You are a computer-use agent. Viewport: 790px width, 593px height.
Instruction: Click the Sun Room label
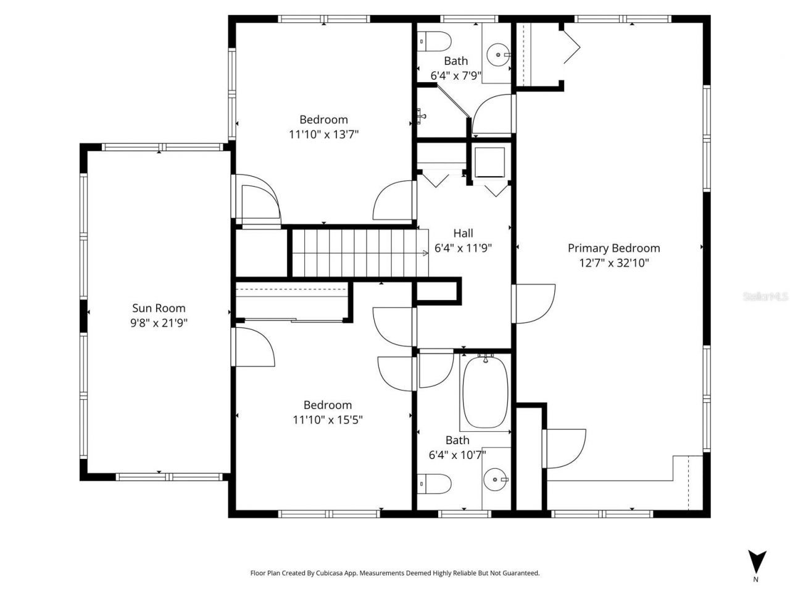[159, 308]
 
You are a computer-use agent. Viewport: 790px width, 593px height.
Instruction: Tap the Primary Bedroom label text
[613, 248]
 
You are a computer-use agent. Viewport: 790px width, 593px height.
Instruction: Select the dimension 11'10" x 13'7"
[324, 134]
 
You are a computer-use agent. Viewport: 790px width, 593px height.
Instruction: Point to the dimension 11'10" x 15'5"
[327, 419]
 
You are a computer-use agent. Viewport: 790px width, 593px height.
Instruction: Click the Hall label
[463, 233]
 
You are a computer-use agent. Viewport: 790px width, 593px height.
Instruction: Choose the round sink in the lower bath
[495, 478]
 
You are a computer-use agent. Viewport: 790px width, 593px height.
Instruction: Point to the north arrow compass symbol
[757, 561]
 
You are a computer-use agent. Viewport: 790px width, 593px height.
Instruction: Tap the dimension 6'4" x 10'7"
[457, 455]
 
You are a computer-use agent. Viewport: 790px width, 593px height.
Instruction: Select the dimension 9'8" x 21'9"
[159, 322]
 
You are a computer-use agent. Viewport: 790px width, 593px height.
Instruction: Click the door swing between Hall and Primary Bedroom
[534, 303]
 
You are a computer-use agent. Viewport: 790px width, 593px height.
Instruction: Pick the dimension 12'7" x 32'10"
[613, 263]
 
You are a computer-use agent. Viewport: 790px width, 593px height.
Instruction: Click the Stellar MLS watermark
[766, 297]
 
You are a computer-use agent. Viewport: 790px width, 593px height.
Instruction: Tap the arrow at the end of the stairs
[425, 253]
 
